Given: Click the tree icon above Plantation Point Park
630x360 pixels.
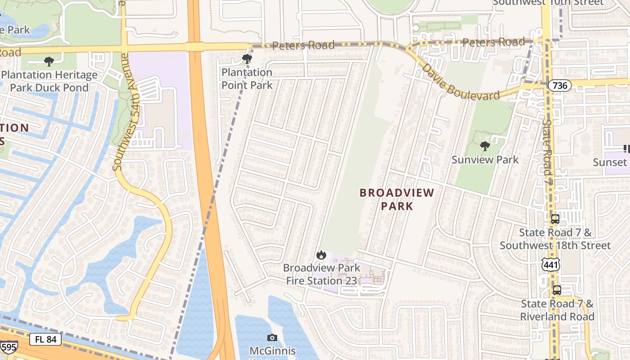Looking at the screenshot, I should [x=247, y=58].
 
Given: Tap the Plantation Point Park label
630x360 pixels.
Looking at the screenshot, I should [x=247, y=79].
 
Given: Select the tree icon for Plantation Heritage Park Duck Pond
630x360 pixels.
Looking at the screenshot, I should [x=49, y=61].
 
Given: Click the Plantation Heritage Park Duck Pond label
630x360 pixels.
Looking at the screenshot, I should [x=49, y=81].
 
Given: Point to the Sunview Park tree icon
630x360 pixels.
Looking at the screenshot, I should [x=485, y=146].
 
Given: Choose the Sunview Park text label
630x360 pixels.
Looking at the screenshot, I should [x=485, y=160].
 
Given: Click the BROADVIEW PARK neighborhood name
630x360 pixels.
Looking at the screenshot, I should [x=396, y=199].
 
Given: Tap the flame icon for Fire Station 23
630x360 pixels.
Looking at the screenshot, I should [x=321, y=255].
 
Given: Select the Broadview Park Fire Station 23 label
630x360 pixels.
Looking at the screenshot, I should [x=321, y=274].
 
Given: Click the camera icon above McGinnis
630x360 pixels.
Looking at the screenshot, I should [x=272, y=337].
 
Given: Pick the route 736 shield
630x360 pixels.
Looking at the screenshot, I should [x=559, y=85].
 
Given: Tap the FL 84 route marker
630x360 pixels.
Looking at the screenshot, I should [x=45, y=339].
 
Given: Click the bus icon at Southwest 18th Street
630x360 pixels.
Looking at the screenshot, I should [x=555, y=219].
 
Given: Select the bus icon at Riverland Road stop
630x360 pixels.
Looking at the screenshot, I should [x=557, y=290].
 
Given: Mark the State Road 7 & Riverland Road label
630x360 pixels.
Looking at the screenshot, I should [x=557, y=310].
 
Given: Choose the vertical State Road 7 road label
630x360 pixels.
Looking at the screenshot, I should [x=547, y=147].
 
